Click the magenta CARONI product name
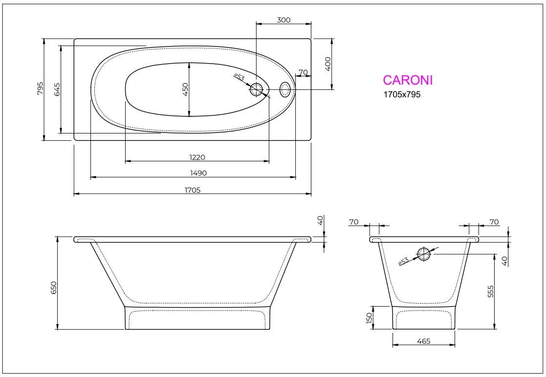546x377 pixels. pos(407,80)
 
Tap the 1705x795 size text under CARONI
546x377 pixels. pos(401,95)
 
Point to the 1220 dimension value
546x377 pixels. pos(197,156)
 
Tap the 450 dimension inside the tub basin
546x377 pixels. pos(185,89)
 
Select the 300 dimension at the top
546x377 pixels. pos(284,20)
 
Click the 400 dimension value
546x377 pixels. pos(328,64)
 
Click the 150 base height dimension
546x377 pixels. pos(370,317)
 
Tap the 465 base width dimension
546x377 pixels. pos(424,341)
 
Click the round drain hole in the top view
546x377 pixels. pos(257,89)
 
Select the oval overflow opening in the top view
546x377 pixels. pos(285,89)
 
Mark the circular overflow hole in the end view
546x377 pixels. pos(423,254)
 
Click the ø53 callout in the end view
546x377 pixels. pos(403,261)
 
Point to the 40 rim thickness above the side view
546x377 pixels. pos(320,221)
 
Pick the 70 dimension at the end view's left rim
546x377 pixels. pos(354,222)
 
